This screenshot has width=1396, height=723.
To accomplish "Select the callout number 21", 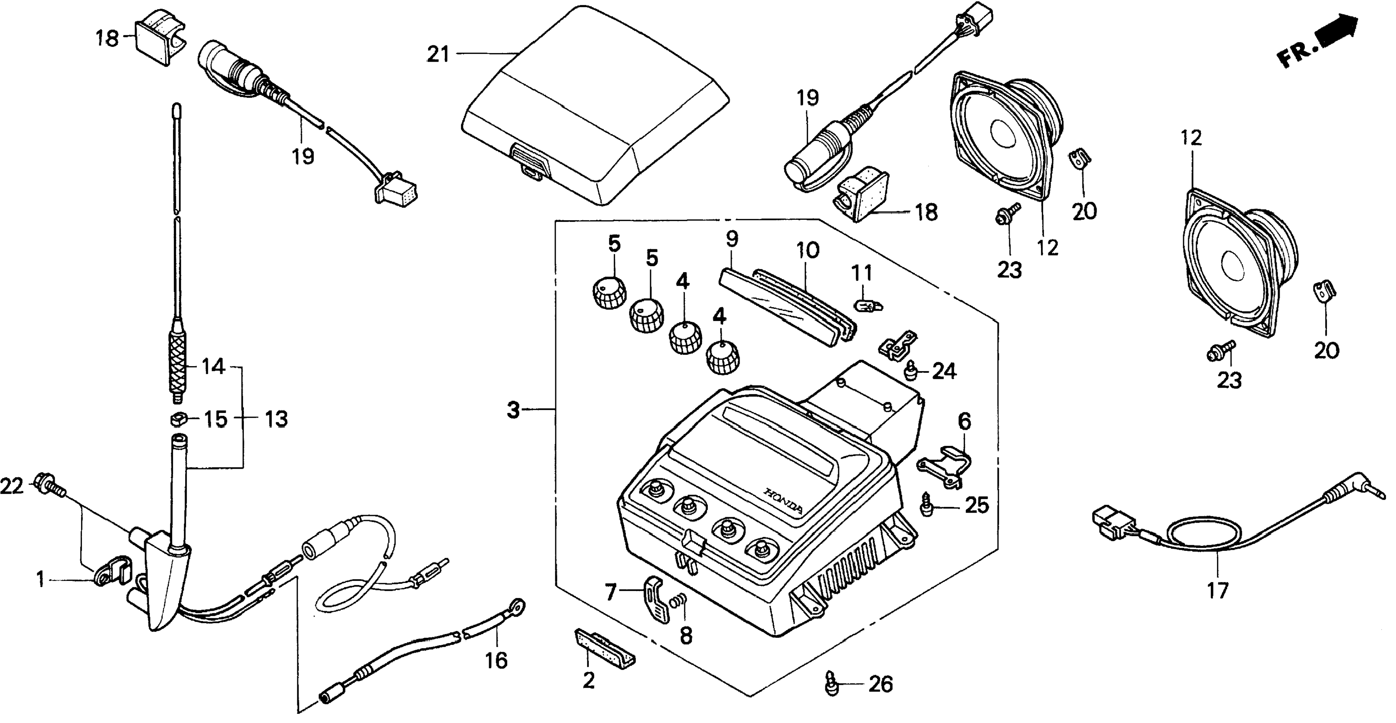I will (x=438, y=54).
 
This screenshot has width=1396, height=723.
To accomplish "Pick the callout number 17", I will (x=1217, y=590).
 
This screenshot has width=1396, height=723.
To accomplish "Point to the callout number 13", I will (x=276, y=419).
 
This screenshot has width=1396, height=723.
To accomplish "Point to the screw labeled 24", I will (x=911, y=371).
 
